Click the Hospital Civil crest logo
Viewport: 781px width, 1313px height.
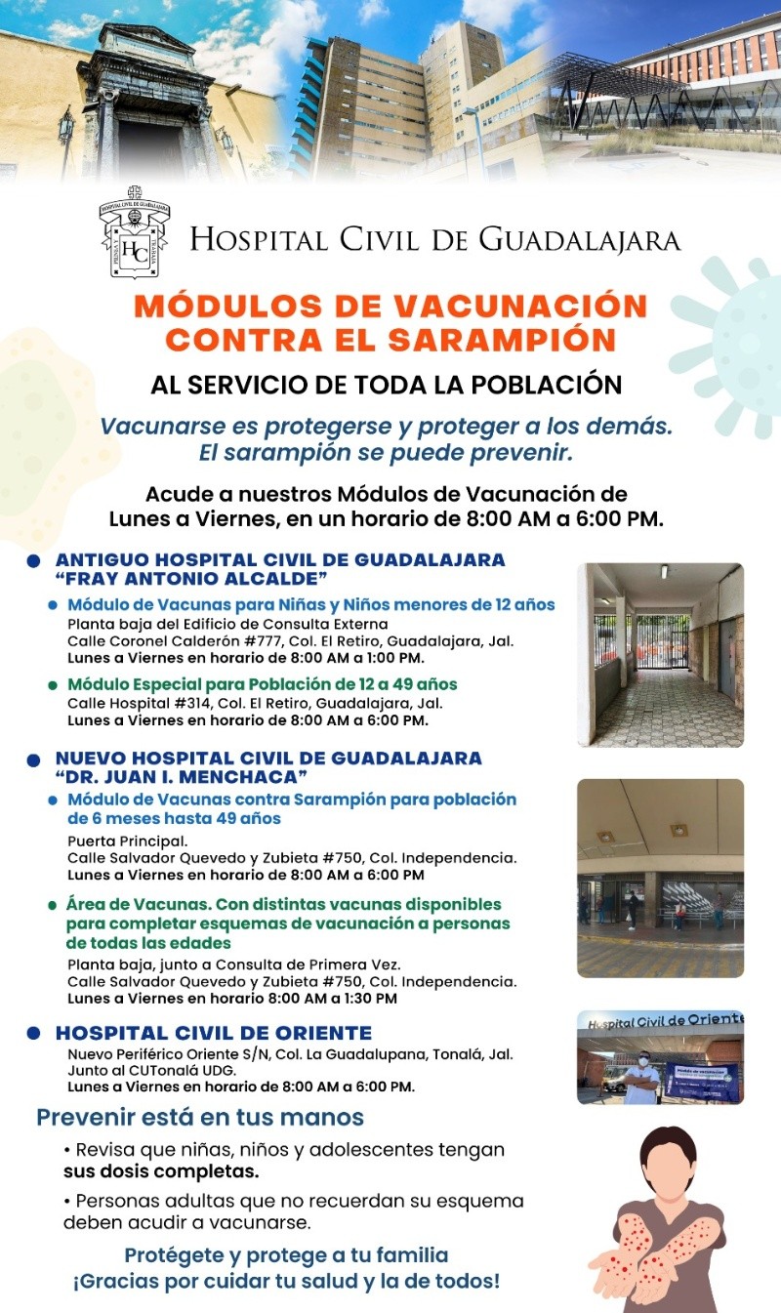135,234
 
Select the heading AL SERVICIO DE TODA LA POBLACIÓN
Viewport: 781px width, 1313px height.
386,384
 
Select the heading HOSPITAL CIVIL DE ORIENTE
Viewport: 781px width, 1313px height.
214,1033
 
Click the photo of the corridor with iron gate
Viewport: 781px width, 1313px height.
660,654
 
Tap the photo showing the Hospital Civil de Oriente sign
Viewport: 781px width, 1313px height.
660,1057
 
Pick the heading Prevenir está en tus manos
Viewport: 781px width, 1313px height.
200,1117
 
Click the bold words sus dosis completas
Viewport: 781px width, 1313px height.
161,1170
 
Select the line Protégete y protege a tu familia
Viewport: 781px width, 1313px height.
286,1255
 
